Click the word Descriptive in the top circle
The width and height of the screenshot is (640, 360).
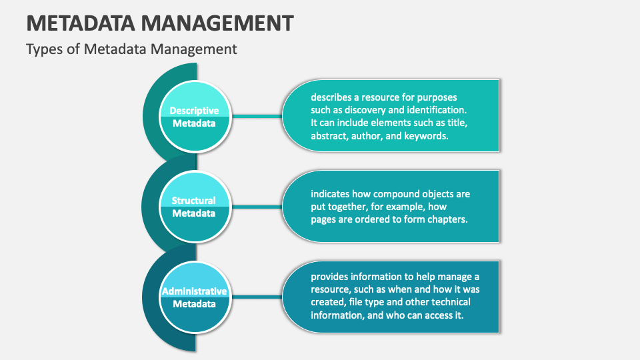point(194,111)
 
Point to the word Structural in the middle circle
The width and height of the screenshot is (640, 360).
point(194,201)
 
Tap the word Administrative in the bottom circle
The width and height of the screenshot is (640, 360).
point(194,291)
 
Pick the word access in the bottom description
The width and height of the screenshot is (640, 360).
point(434,315)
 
